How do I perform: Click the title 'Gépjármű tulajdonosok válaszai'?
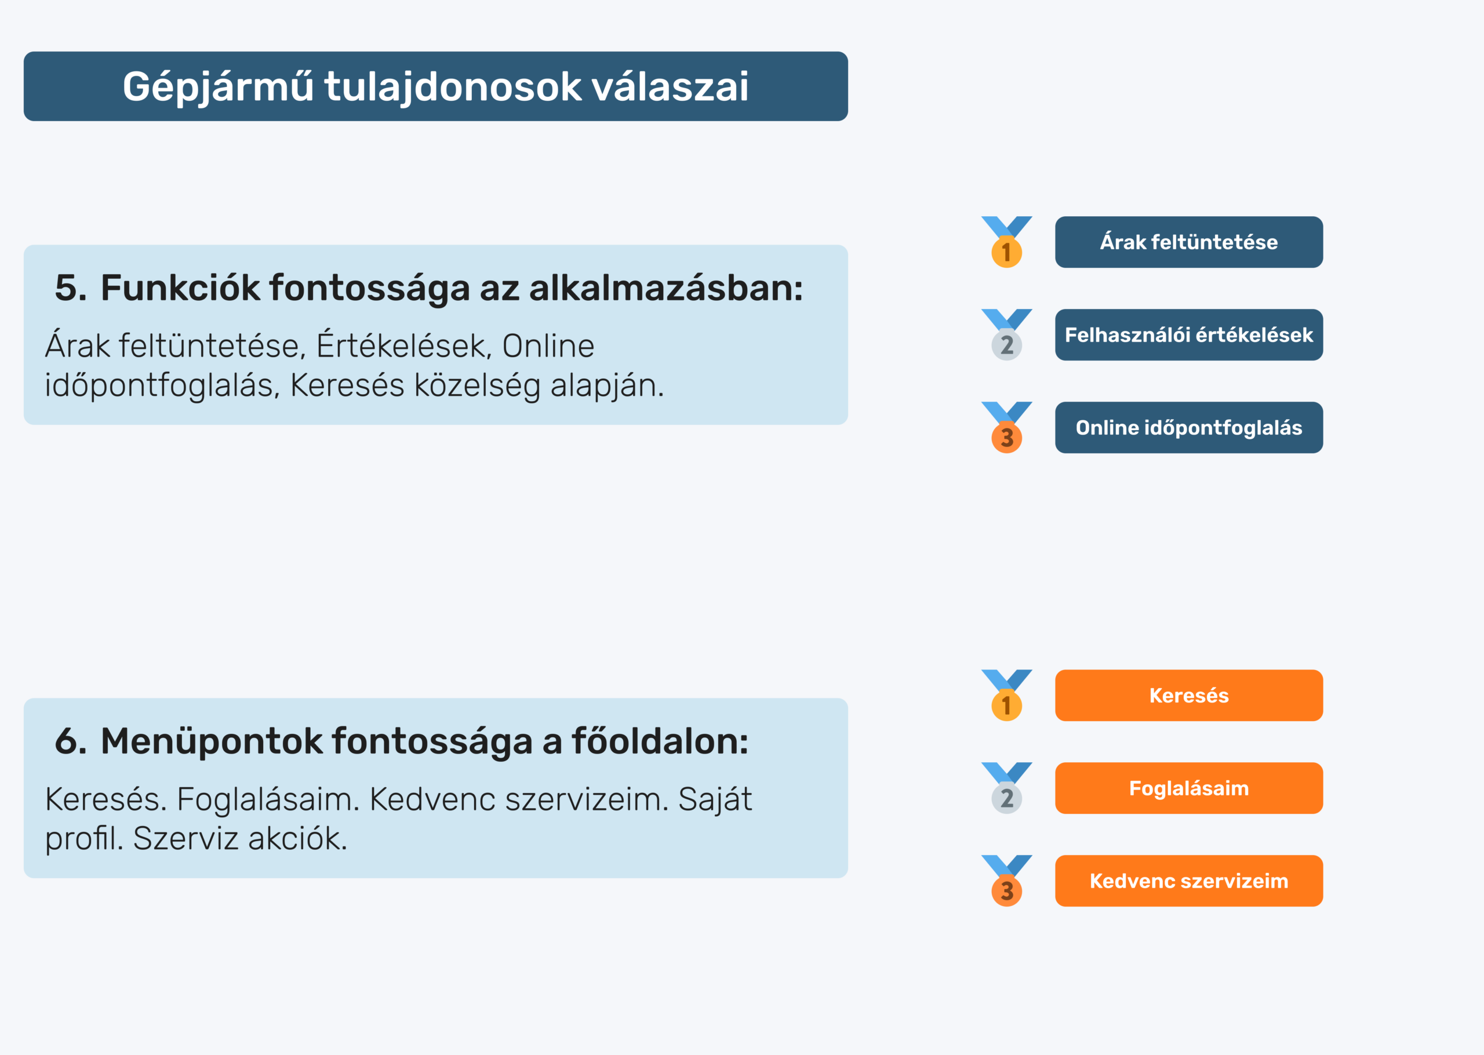tap(435, 86)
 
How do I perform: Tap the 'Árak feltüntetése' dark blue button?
tap(1188, 242)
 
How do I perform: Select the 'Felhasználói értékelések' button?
tap(1188, 334)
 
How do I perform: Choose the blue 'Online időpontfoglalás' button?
tap(1188, 427)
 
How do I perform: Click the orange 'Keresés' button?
tap(1188, 695)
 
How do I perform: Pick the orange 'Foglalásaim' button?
tap(1188, 788)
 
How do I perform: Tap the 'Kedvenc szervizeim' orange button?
tap(1188, 881)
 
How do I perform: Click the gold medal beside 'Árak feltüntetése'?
tap(1007, 251)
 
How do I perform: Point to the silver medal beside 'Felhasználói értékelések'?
tap(1007, 344)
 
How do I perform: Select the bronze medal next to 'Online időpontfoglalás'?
tap(1007, 436)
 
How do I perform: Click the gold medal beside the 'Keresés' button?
tap(1007, 704)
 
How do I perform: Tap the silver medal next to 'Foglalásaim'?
tap(1007, 797)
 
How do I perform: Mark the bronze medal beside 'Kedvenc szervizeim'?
tap(1007, 890)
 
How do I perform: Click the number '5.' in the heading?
tap(71, 288)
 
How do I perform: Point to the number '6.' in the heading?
tap(71, 741)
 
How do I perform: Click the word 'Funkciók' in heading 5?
tap(180, 288)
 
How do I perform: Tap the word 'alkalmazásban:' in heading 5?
tap(666, 288)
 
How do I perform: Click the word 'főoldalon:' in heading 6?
tap(660, 741)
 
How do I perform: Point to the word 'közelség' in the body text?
tap(477, 386)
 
